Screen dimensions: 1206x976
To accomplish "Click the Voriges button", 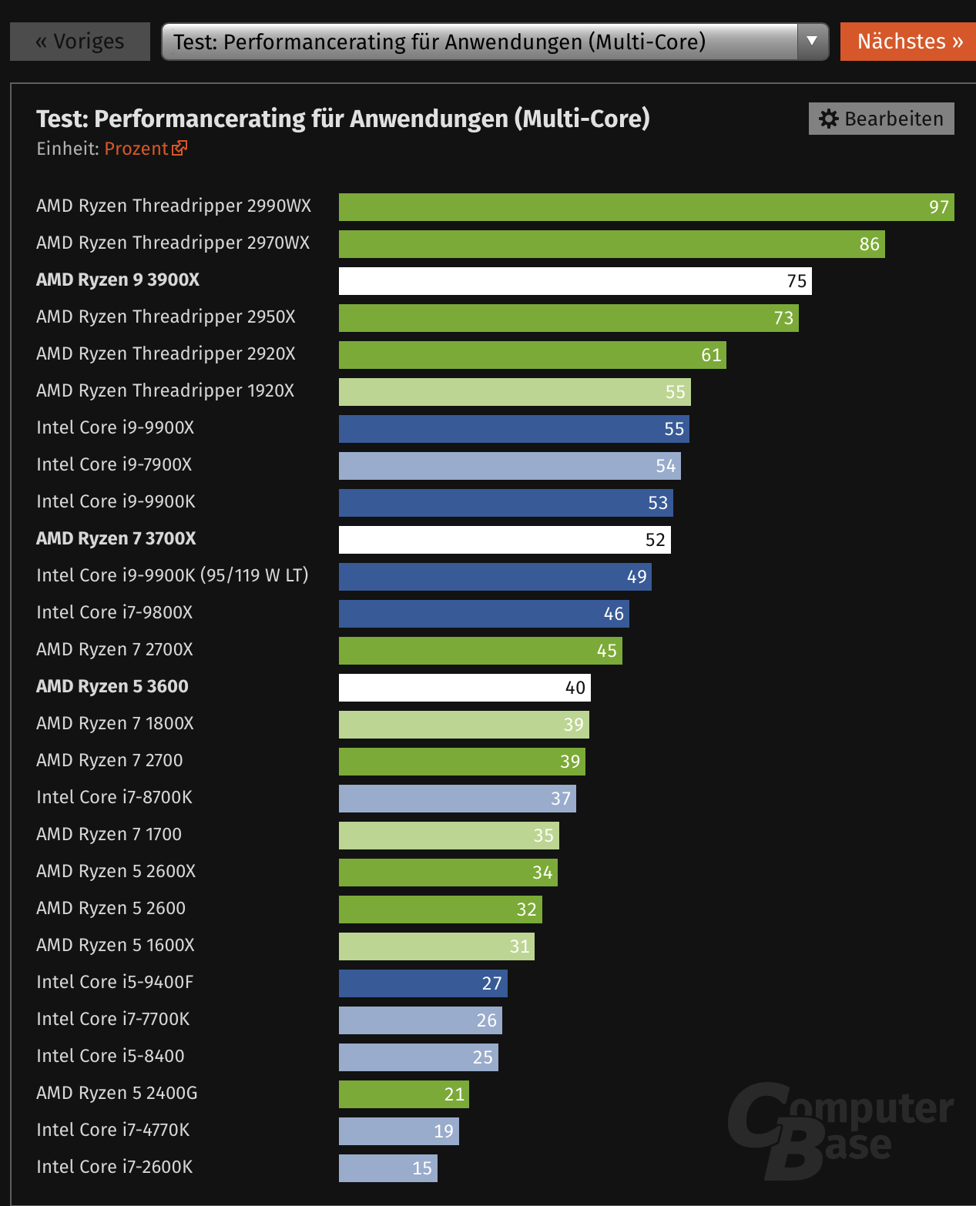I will (x=79, y=42).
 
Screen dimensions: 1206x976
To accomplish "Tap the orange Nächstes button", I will (x=909, y=42).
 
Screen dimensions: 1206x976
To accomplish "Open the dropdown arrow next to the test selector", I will (x=812, y=41).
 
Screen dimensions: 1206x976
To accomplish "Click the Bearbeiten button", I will (x=881, y=119).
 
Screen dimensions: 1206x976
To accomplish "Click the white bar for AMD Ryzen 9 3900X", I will (x=575, y=281).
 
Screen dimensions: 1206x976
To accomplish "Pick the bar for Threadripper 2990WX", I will (x=646, y=207).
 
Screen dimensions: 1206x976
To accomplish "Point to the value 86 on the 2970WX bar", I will (x=869, y=244).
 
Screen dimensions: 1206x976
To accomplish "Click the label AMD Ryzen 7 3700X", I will (x=116, y=538).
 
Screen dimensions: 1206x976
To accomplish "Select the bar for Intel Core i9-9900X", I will (x=514, y=429).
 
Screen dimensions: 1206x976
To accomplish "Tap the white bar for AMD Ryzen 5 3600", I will (x=465, y=688).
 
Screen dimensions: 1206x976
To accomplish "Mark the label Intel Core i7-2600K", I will (x=114, y=1167).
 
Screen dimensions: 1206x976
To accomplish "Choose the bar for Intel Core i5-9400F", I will (x=423, y=983).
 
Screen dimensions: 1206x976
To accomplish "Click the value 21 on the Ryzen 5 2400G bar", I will (x=454, y=1094).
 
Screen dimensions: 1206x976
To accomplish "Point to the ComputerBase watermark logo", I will (x=840, y=1129).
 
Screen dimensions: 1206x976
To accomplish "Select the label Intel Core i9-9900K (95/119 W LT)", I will (x=172, y=575).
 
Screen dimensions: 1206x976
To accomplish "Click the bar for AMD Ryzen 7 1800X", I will (x=464, y=725).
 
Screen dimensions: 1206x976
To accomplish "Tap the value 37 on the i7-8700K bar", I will (x=560, y=799).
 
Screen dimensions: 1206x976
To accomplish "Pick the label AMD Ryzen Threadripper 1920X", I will (x=165, y=390).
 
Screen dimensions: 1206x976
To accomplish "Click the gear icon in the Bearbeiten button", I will (x=829, y=119).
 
